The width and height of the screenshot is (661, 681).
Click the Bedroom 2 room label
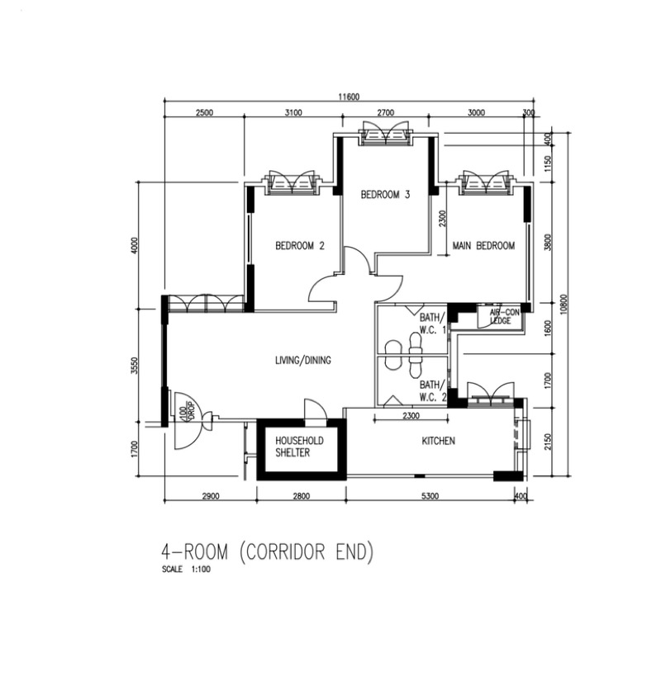pyautogui.click(x=300, y=246)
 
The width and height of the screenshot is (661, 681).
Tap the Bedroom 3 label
pyautogui.click(x=385, y=195)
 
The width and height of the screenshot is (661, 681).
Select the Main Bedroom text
pyautogui.click(x=483, y=246)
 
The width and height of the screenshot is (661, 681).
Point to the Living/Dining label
pyautogui.click(x=303, y=360)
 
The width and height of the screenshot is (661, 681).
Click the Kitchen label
pyautogui.click(x=439, y=441)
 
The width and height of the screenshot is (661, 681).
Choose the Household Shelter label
pyautogui.click(x=299, y=447)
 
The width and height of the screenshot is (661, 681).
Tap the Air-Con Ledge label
pyautogui.click(x=503, y=317)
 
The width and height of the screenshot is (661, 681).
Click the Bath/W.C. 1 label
pyautogui.click(x=433, y=323)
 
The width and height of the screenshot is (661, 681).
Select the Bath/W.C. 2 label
pyautogui.click(x=433, y=390)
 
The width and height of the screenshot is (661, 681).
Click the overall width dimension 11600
pyautogui.click(x=349, y=97)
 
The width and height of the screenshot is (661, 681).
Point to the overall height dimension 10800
pyautogui.click(x=564, y=304)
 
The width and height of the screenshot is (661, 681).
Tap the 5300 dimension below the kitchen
pyautogui.click(x=430, y=495)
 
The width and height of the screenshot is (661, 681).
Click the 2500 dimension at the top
pyautogui.click(x=204, y=112)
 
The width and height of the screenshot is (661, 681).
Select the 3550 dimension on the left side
pyautogui.click(x=134, y=365)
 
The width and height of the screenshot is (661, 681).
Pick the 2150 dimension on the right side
pyautogui.click(x=548, y=442)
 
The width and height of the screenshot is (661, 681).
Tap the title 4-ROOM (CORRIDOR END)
pyautogui.click(x=267, y=552)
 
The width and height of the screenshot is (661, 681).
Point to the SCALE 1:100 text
pyautogui.click(x=186, y=569)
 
